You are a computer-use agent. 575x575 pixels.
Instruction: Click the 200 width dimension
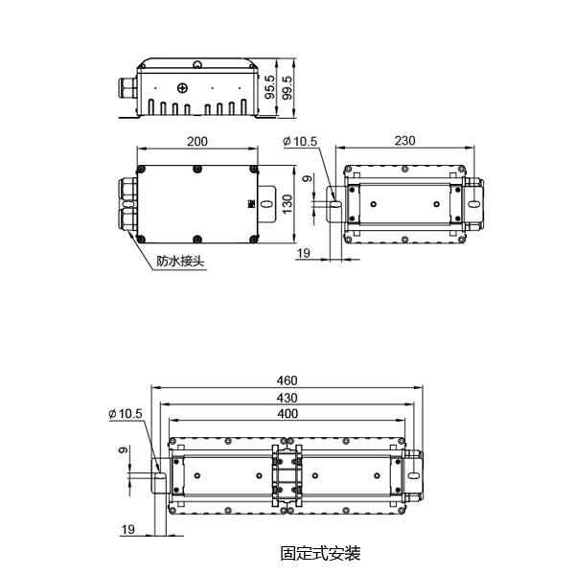coord(196,141)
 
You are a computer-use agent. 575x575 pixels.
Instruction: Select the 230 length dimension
coord(404,141)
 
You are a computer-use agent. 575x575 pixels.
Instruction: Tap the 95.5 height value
coord(271,88)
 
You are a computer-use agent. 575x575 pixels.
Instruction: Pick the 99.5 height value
coord(287,88)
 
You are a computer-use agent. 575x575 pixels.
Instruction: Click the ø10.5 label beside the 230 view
coord(300,142)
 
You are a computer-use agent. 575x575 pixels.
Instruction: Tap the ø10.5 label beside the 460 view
coord(126,413)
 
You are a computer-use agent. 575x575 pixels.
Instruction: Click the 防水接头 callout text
coord(180,261)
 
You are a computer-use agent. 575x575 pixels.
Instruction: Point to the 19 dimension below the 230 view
coord(304,253)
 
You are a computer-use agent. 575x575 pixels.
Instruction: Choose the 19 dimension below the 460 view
coord(127,529)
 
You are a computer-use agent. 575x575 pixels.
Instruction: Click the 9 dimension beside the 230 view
coord(307,179)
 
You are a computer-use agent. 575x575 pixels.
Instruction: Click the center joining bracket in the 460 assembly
coord(286,474)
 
